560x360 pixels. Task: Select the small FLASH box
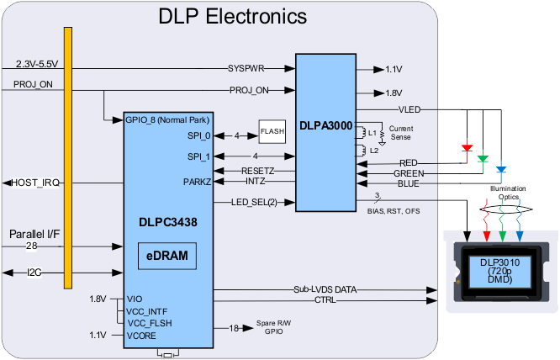pos(272,131)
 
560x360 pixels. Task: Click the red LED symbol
pos(467,148)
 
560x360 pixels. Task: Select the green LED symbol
pos(483,157)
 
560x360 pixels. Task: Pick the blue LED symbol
pos(500,169)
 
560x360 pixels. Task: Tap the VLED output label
pos(409,109)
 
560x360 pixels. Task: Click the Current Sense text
pos(401,132)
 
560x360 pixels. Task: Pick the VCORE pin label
pos(141,335)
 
